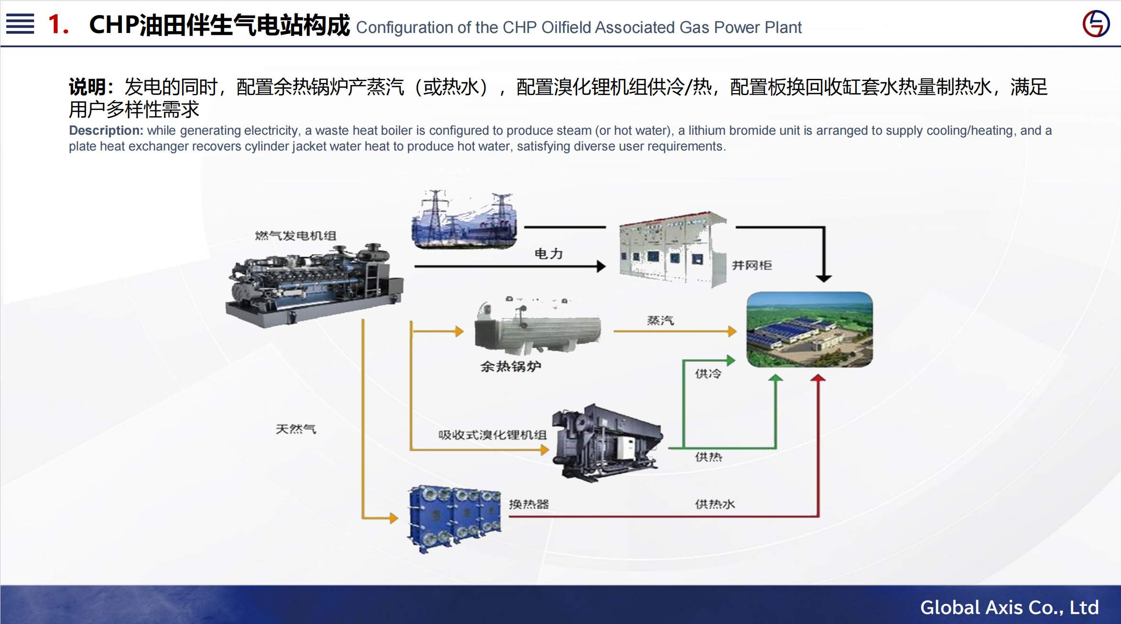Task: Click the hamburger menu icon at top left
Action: [20, 24]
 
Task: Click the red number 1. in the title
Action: [58, 24]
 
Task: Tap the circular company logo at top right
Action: [1096, 24]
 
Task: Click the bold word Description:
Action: [106, 130]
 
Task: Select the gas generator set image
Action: [315, 285]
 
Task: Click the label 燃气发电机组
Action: [296, 236]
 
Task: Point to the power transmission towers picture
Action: [464, 219]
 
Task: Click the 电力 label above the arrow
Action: [549, 253]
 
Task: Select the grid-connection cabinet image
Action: [672, 250]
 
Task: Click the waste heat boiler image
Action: [538, 326]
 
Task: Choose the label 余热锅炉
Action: [511, 366]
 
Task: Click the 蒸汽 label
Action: [660, 320]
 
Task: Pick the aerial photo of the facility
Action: [809, 330]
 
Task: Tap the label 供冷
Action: [708, 373]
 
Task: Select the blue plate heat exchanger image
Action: [454, 519]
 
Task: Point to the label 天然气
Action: [296, 429]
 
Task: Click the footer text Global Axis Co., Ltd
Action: [1009, 607]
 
